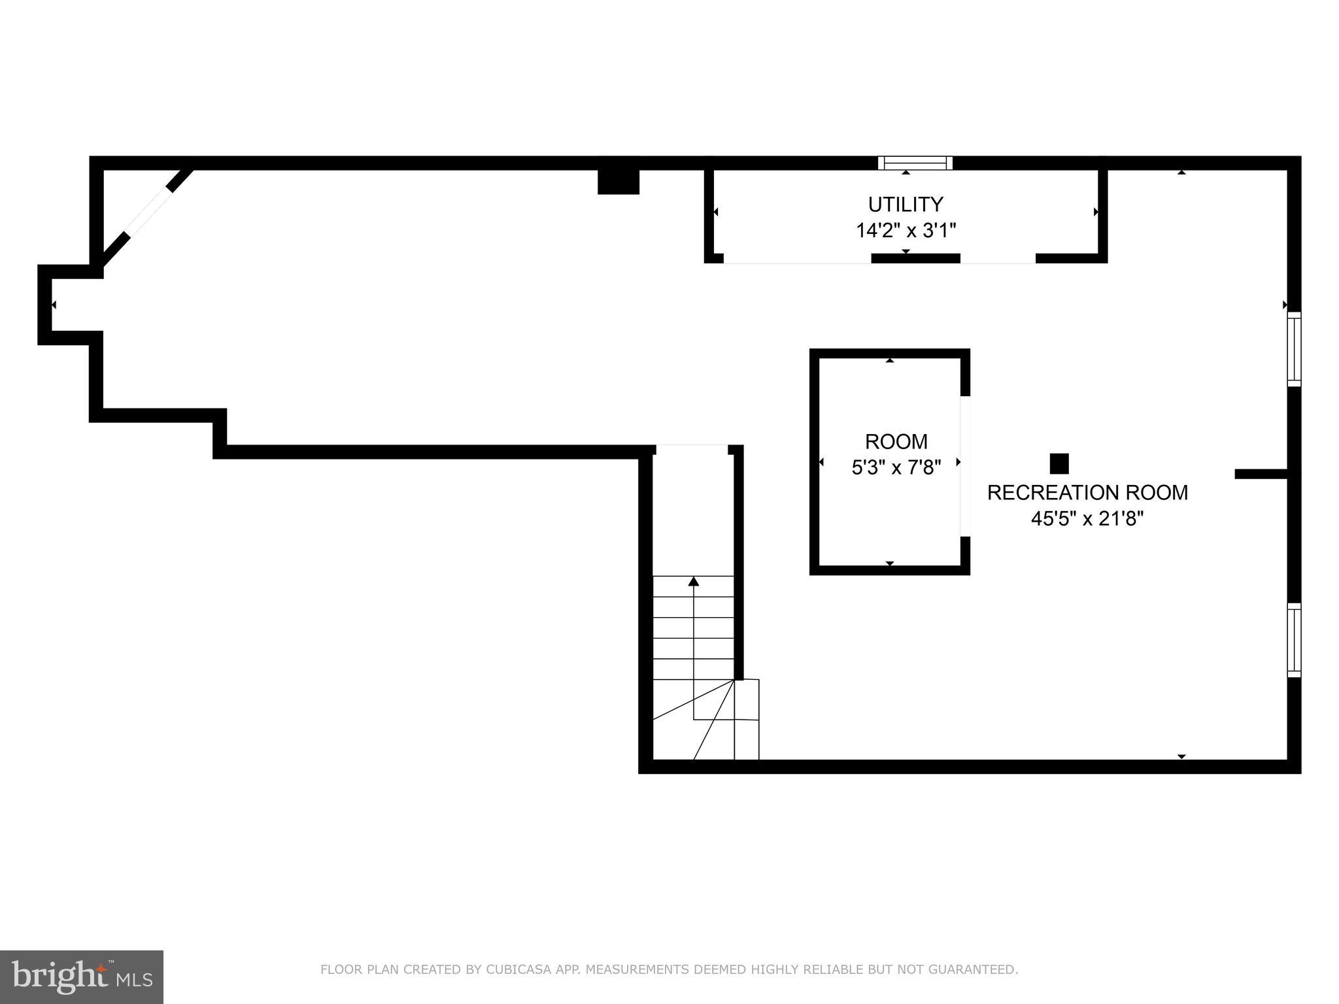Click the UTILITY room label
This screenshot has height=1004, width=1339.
tap(905, 205)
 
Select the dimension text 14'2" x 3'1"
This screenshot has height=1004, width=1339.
tap(906, 231)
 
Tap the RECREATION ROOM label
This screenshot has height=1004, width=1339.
tap(1087, 492)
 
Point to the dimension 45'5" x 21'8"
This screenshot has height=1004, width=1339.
tap(1087, 519)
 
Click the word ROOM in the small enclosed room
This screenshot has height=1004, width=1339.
tap(896, 442)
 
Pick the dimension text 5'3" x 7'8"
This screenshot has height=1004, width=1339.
tap(896, 467)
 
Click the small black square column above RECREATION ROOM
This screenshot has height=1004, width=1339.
tap(1059, 463)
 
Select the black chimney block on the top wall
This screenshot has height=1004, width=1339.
tap(618, 181)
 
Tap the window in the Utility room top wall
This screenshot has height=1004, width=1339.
tap(915, 163)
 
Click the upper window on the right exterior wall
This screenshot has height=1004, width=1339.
tap(1294, 349)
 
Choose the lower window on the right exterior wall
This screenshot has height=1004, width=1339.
tap(1294, 640)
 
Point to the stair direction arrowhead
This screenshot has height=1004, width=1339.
tap(694, 581)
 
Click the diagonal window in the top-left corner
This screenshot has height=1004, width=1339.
tap(148, 212)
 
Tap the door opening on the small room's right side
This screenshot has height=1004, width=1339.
tap(965, 465)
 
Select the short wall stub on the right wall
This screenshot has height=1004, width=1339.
tap(1261, 474)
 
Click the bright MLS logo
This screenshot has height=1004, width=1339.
tap(81, 977)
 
